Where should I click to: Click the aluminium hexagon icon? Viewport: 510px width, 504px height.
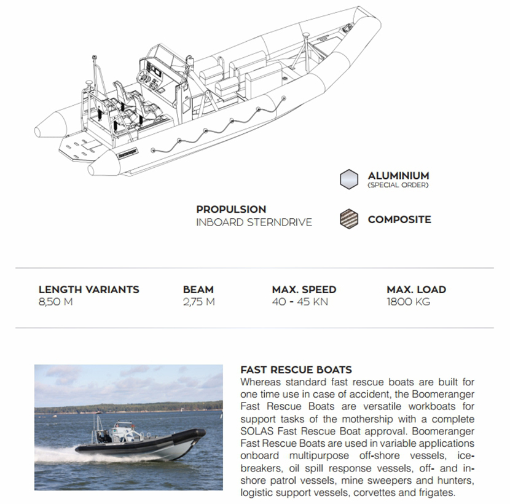[x=348, y=178]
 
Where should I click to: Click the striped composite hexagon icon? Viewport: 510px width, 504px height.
[x=348, y=219]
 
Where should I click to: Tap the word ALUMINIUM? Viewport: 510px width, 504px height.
[x=398, y=176]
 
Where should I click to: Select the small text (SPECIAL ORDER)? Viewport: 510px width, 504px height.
[x=398, y=185]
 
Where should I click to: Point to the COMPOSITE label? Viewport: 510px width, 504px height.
[x=399, y=219]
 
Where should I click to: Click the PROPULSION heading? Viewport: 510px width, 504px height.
[x=231, y=210]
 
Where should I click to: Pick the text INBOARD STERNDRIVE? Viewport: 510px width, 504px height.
[x=254, y=222]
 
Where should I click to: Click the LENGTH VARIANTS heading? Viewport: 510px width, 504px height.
[x=88, y=289]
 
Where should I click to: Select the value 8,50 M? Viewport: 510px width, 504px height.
[x=55, y=302]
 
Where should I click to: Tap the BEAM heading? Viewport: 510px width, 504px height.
[x=198, y=289]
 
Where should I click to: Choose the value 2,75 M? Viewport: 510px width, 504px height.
[x=198, y=302]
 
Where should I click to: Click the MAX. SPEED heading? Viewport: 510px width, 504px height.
[x=304, y=289]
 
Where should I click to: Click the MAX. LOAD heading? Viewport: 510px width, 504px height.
[x=416, y=289]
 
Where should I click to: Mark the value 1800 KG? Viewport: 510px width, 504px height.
[x=408, y=302]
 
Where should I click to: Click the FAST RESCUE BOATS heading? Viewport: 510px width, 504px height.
[x=296, y=370]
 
